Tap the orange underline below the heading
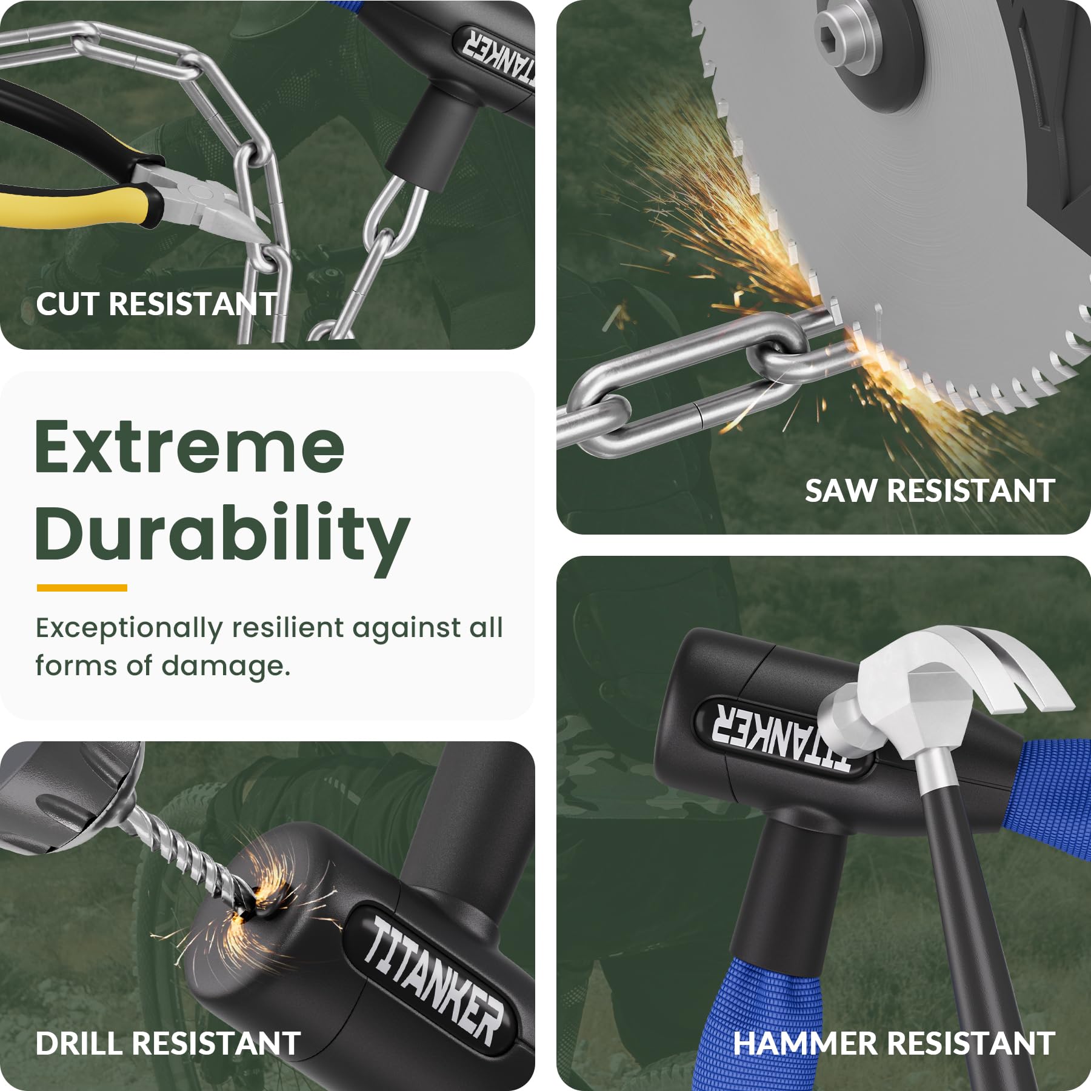82,587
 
